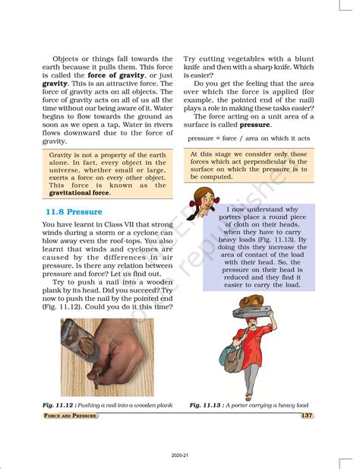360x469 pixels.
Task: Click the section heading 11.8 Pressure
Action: pos(74,212)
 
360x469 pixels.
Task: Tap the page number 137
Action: pos(306,416)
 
